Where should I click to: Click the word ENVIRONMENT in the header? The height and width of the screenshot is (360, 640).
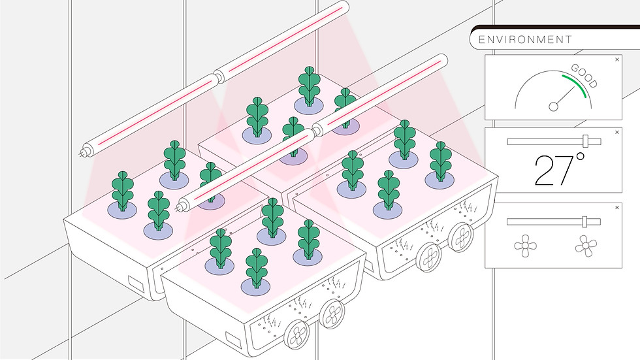coord(525,40)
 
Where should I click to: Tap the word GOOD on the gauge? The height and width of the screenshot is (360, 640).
coord(584,76)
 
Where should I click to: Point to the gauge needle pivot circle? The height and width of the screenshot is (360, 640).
coord(554,106)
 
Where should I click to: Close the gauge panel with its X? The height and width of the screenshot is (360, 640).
coord(617,59)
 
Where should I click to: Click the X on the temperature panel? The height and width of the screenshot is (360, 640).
coord(617,132)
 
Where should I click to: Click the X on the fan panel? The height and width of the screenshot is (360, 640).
coord(617,208)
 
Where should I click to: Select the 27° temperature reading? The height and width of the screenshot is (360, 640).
coord(559,169)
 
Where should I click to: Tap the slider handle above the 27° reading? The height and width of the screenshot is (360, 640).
coord(586,141)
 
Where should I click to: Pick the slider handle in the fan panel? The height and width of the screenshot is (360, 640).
coord(584,221)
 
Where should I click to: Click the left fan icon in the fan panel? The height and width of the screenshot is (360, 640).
coord(525,246)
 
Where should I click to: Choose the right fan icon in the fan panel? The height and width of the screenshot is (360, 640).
coord(586,246)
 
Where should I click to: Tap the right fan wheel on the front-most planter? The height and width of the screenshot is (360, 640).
coord(332,314)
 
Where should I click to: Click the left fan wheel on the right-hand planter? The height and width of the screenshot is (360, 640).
coord(430,257)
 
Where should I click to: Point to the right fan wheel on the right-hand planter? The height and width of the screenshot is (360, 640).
coord(461,236)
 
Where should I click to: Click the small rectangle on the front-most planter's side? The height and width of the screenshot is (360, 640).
coord(233,340)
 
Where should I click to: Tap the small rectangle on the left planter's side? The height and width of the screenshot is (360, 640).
coord(136,284)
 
